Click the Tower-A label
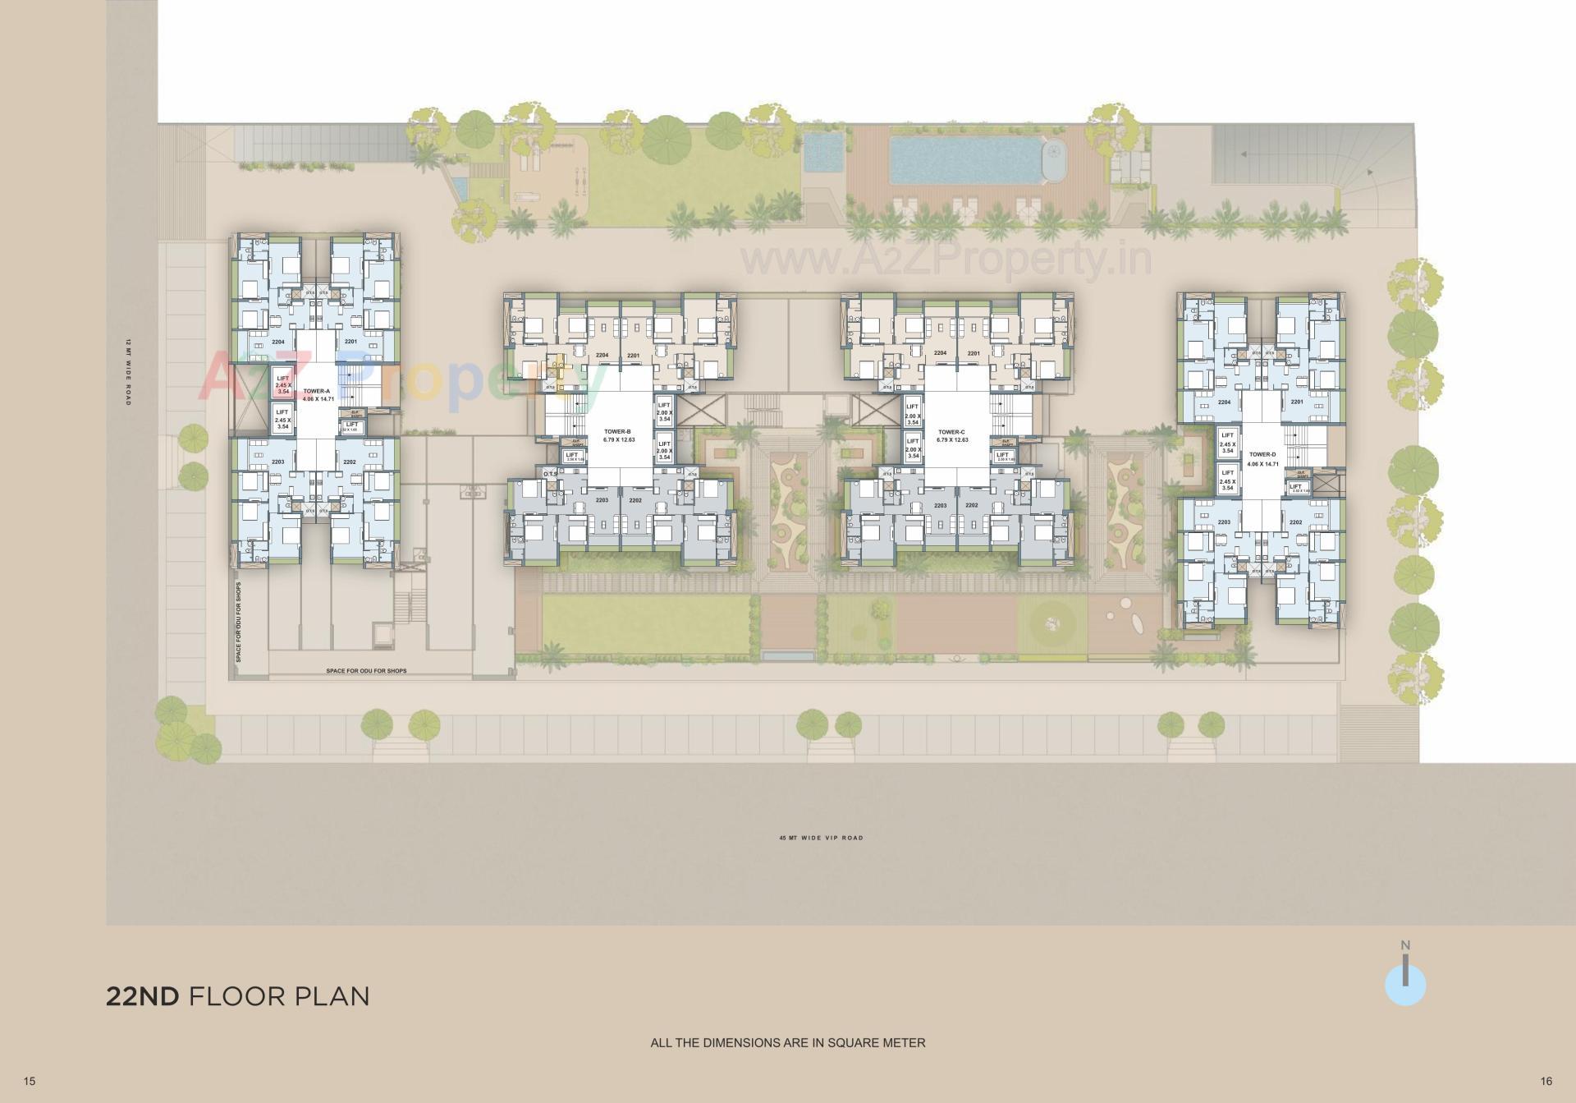click(x=316, y=392)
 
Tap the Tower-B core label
click(x=617, y=431)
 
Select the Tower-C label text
click(x=951, y=432)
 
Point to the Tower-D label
click(x=1262, y=454)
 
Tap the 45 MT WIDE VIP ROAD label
click(x=821, y=838)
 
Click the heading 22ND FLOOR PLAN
click(x=237, y=996)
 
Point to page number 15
click(x=30, y=1082)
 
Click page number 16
click(x=1546, y=1082)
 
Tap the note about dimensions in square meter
click(x=787, y=1043)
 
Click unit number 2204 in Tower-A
click(x=278, y=342)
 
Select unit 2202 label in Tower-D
click(x=1296, y=522)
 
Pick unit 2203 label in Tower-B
click(x=602, y=500)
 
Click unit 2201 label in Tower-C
click(x=974, y=353)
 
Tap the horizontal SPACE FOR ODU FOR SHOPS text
click(x=366, y=671)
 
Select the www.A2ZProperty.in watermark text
click(x=946, y=260)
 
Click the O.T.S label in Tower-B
click(x=550, y=473)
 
